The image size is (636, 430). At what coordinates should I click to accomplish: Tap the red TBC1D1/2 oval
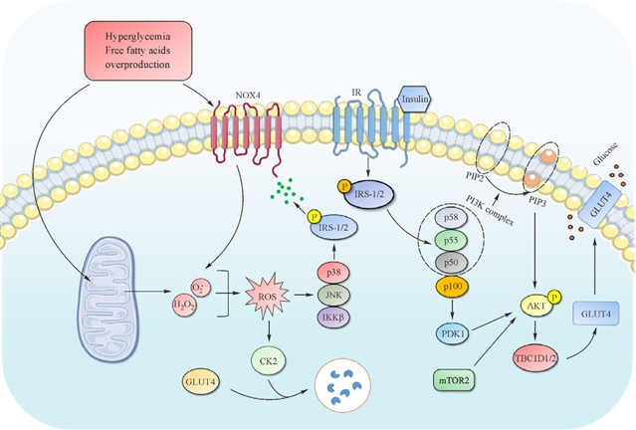pyautogui.click(x=532, y=358)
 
